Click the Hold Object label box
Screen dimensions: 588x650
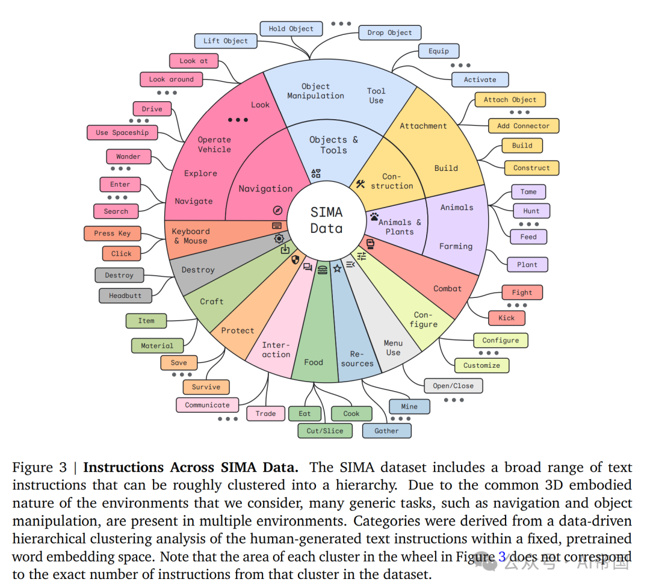click(291, 28)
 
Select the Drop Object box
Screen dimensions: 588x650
click(390, 32)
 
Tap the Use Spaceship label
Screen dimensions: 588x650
click(122, 132)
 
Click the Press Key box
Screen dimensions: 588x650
click(112, 234)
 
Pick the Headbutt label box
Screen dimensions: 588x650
click(125, 296)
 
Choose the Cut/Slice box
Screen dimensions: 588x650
click(325, 430)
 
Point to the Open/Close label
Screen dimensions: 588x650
click(453, 386)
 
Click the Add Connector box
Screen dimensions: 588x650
click(524, 126)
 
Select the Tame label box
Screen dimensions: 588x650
click(528, 192)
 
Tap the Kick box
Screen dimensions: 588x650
click(507, 318)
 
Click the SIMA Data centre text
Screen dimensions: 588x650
click(326, 220)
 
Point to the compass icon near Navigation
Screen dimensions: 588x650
click(277, 210)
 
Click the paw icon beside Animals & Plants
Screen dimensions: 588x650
click(374, 215)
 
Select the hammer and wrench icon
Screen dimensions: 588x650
click(361, 184)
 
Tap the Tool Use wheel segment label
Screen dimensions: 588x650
click(376, 96)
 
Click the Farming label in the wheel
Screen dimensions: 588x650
click(456, 246)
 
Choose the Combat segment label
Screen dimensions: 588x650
click(447, 288)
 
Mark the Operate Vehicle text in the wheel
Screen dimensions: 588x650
click(214, 144)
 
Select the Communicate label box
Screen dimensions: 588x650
click(207, 405)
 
